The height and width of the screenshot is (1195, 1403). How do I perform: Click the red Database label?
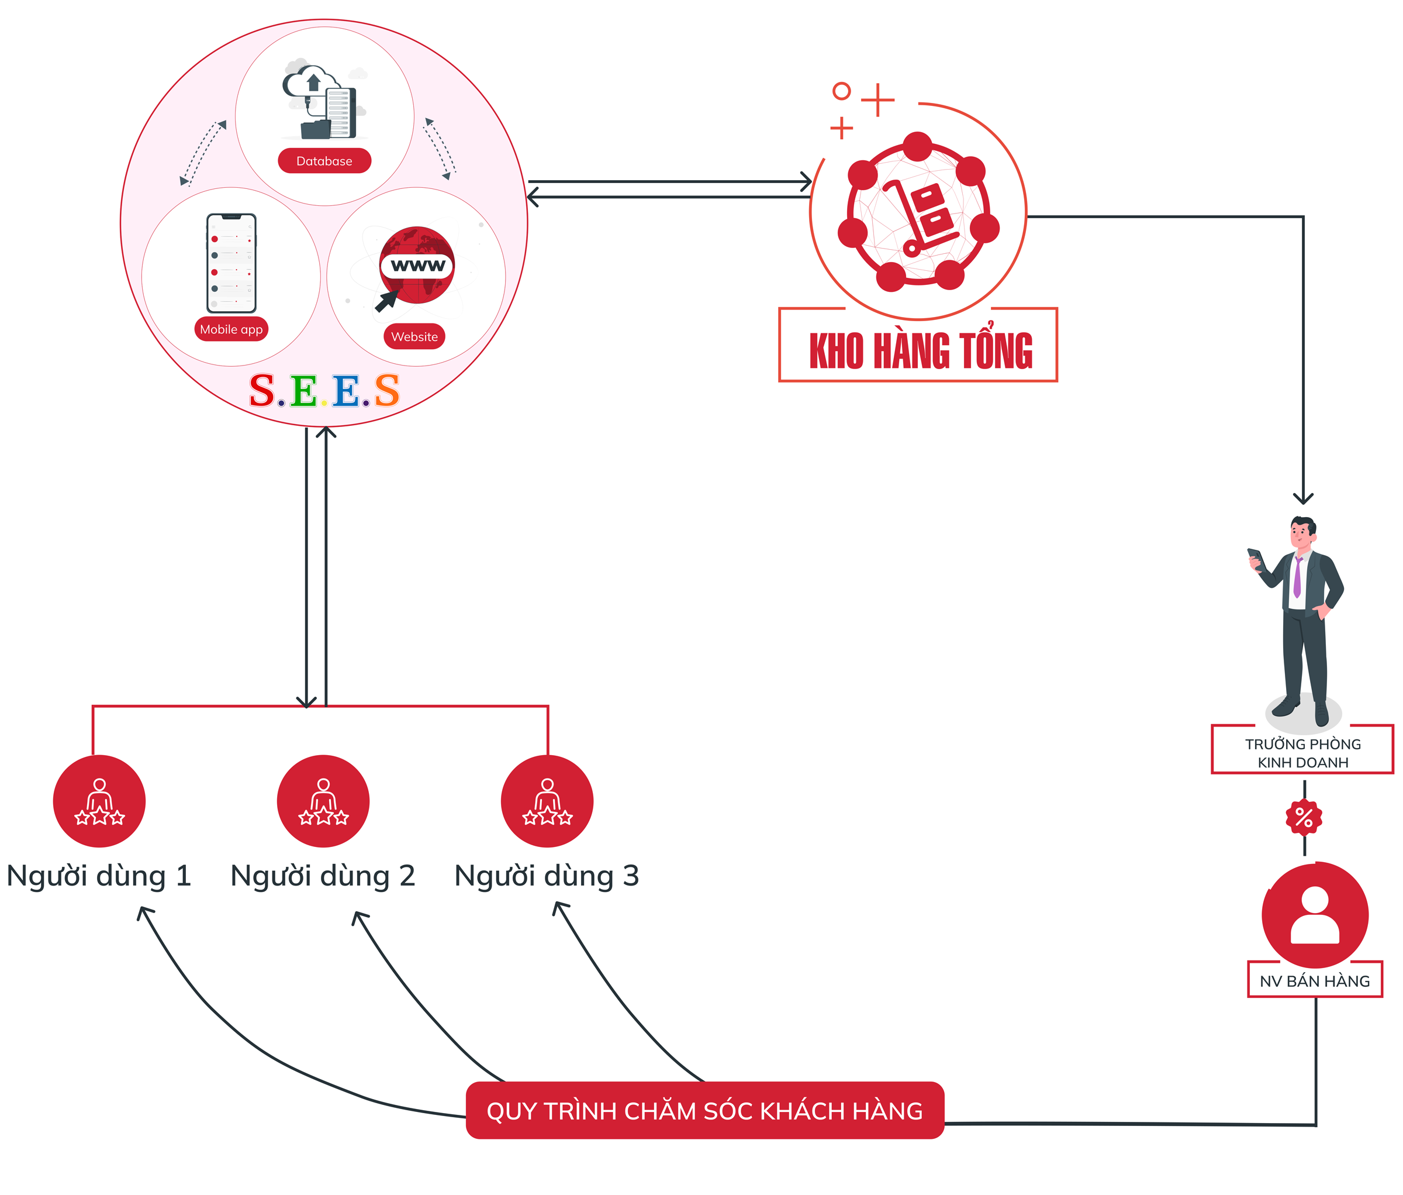324,161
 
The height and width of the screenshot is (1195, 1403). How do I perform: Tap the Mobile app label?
231,329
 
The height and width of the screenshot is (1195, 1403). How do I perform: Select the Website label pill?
414,337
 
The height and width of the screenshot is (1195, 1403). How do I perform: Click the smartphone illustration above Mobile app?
231,263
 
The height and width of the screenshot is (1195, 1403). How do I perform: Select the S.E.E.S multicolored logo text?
324,391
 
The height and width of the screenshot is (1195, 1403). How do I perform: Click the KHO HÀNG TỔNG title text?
921,351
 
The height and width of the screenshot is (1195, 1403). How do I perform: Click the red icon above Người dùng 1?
99,801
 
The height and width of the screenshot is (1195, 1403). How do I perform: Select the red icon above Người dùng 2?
323,801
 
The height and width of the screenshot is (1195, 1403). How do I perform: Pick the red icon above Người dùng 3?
547,801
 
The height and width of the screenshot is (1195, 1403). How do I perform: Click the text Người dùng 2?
323,876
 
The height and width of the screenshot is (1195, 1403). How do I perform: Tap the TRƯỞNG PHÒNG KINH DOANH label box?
1303,753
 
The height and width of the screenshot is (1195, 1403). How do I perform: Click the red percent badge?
1304,818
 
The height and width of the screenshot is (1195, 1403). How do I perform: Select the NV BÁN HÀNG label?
1315,981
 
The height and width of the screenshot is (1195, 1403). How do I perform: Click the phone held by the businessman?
1255,558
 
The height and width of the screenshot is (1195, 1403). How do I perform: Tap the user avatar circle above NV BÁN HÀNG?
1315,915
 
